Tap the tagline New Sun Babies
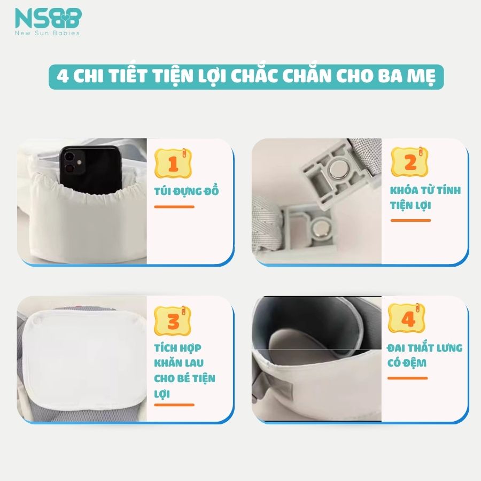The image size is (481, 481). [x=48, y=33]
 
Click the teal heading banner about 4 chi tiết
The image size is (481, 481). [x=246, y=76]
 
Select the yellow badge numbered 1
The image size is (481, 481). [x=173, y=163]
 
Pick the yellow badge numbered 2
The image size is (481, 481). [x=409, y=161]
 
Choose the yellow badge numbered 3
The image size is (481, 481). [x=173, y=321]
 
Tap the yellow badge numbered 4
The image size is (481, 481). [x=407, y=319]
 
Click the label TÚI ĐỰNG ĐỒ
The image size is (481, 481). [x=187, y=191]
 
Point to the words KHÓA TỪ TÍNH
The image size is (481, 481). [x=425, y=190]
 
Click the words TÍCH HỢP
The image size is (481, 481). [x=177, y=348]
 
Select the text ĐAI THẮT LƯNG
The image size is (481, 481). [x=424, y=348]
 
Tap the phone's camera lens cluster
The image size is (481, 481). [x=72, y=161]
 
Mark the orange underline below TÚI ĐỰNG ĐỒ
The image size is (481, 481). [x=174, y=207]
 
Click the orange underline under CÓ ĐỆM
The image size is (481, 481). [x=407, y=378]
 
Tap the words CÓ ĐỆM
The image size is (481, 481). [x=407, y=363]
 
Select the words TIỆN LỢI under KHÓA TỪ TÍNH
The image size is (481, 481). [x=410, y=205]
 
